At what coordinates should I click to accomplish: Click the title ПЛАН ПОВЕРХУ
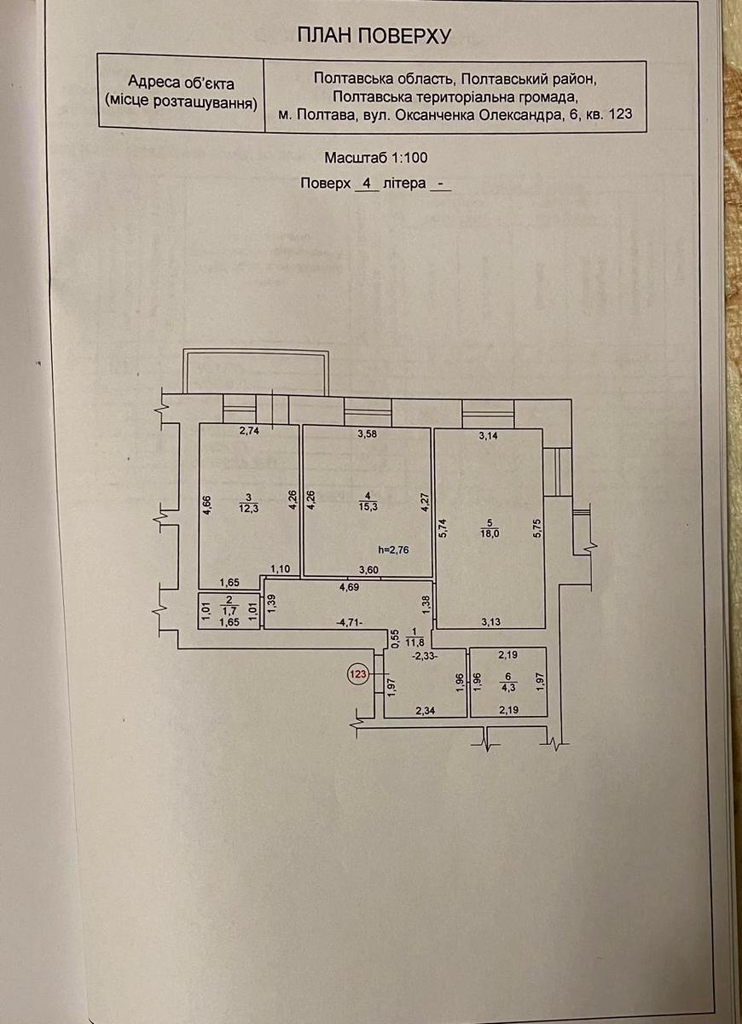[373, 35]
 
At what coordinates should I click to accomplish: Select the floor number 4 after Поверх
[367, 183]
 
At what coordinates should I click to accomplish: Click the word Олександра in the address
[516, 115]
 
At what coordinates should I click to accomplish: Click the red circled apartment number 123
[358, 674]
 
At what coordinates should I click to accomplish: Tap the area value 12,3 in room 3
[248, 508]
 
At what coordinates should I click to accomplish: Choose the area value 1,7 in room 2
[228, 612]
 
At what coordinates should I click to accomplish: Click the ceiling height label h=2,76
[393, 550]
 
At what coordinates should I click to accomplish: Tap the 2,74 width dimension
[248, 432]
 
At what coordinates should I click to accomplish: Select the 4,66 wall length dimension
[206, 507]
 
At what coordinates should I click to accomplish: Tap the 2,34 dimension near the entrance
[425, 709]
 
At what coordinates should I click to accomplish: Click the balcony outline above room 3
[257, 372]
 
